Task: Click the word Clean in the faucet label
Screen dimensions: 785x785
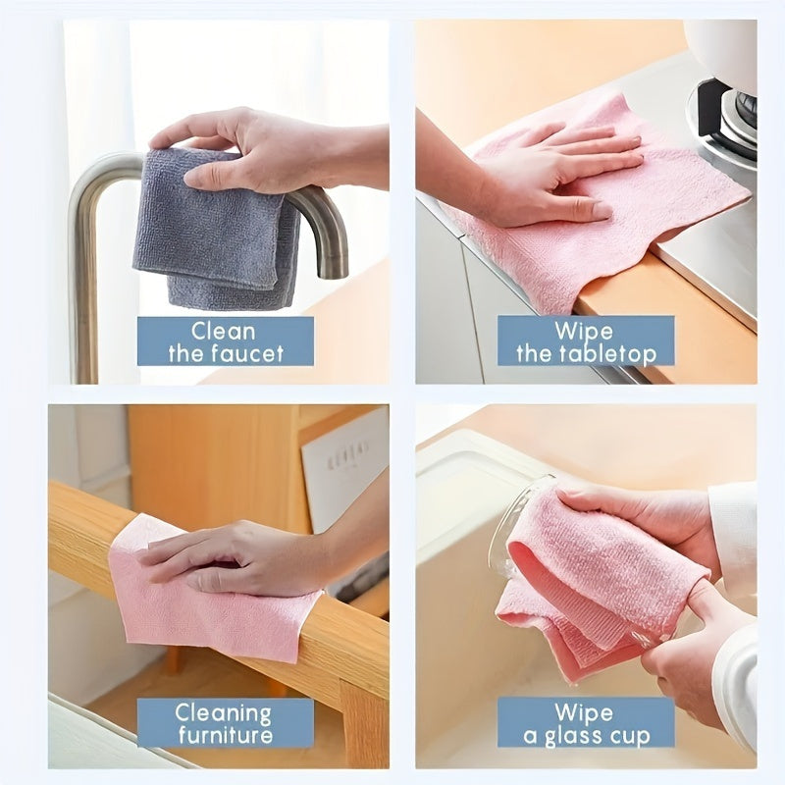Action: coord(225,331)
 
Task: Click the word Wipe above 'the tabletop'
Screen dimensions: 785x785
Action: coord(585,330)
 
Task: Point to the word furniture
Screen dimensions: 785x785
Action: coord(225,736)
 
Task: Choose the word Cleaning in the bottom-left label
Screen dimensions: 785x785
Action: coord(224,712)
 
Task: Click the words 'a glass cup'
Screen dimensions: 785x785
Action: coord(585,736)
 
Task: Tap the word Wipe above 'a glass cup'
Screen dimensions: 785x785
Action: coord(585,712)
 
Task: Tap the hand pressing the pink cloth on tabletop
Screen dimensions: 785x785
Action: coord(559,177)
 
